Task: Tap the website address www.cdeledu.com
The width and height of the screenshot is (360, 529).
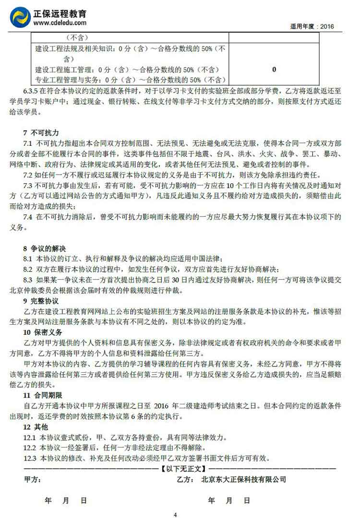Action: tap(60, 23)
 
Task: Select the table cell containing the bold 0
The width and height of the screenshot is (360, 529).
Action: tap(274, 70)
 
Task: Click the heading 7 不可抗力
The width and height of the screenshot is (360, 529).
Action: tap(41, 132)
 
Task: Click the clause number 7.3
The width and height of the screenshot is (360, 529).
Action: tap(28, 186)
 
